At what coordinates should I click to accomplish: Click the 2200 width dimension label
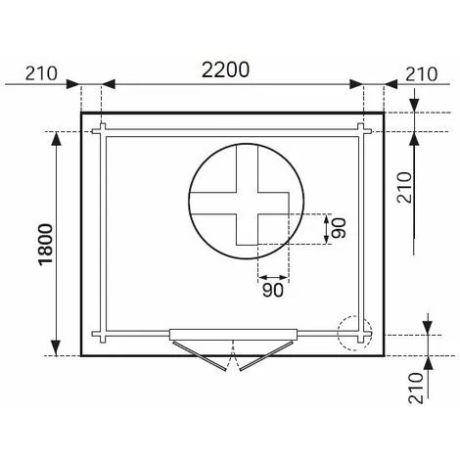tap(225, 69)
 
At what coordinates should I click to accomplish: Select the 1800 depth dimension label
tap(46, 244)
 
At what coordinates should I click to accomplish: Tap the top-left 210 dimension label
tap(41, 73)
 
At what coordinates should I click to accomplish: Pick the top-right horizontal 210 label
tap(421, 74)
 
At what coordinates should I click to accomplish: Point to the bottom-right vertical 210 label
tap(416, 388)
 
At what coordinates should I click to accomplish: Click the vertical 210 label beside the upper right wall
tap(405, 187)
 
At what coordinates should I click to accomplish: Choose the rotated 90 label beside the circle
tap(339, 228)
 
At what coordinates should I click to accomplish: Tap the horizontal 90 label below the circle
tap(273, 290)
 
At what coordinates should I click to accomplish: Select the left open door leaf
tap(199, 355)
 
